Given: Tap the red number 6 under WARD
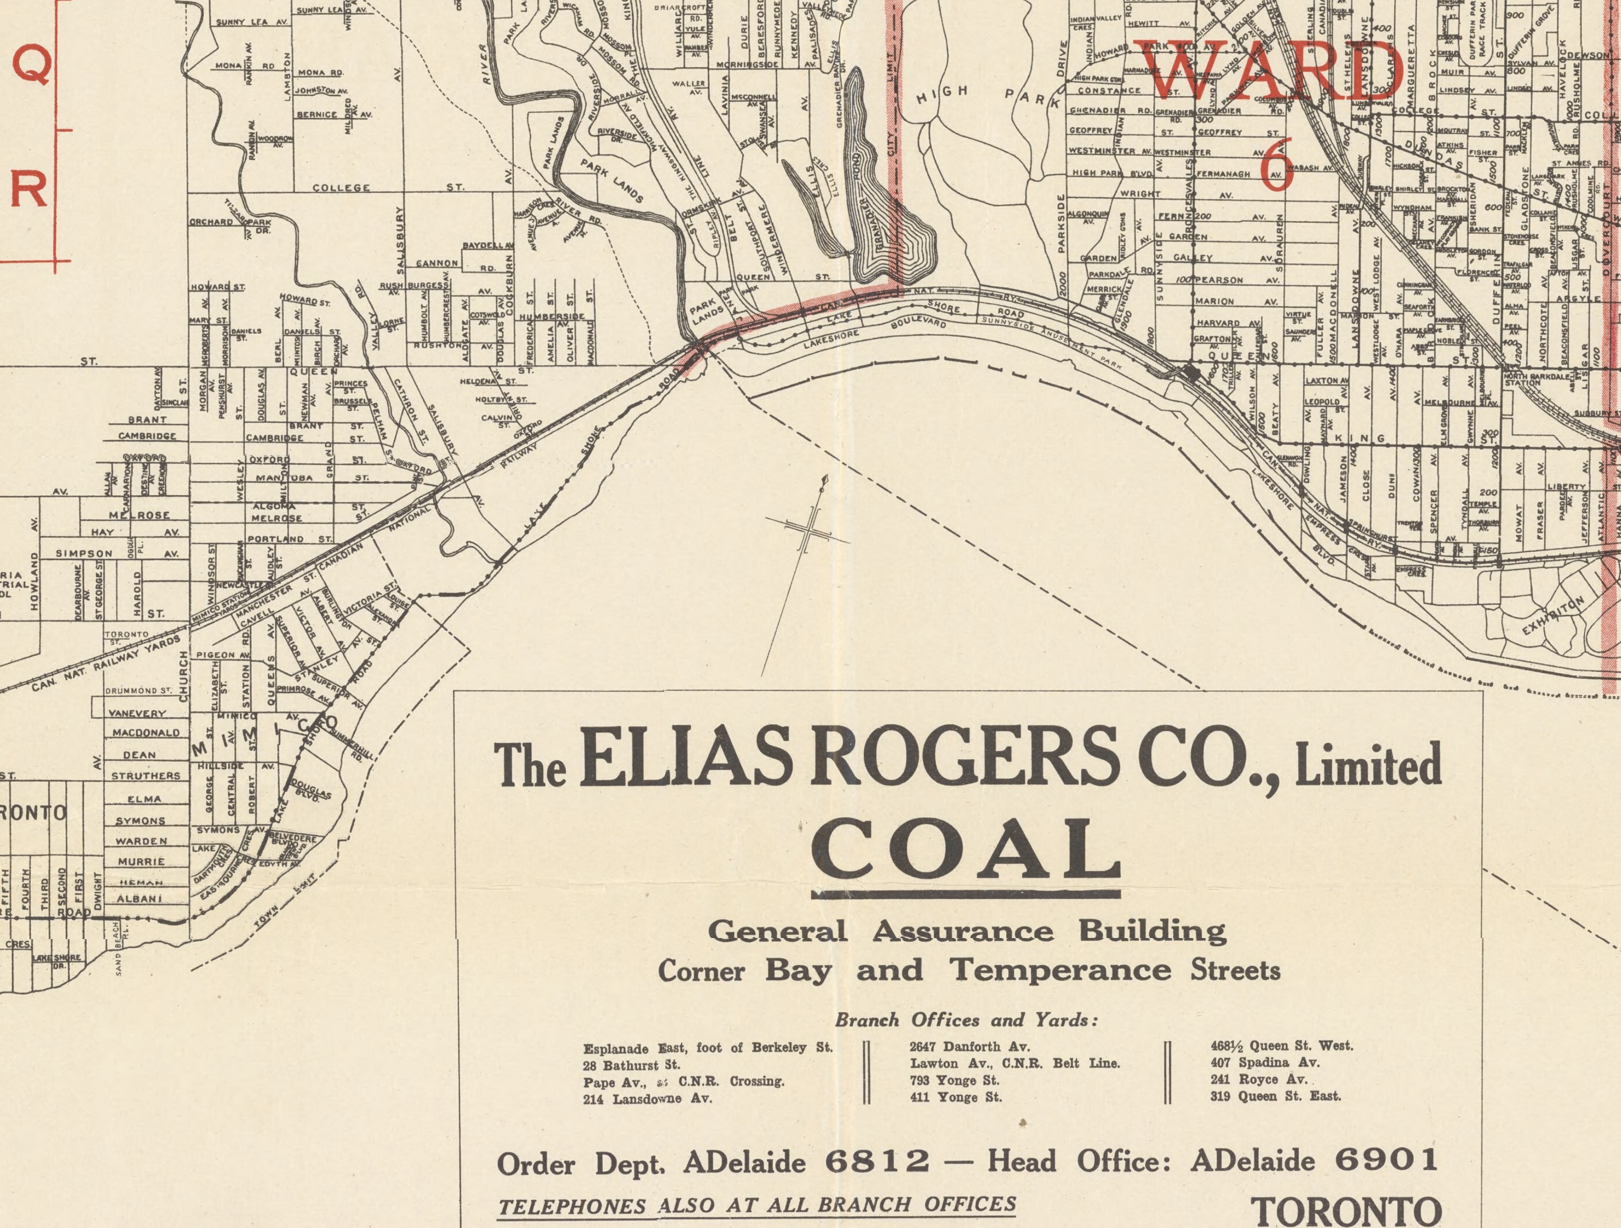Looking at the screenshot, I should tap(1276, 169).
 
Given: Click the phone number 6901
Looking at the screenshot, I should tap(1386, 1159).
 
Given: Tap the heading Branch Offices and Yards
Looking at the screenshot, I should tap(966, 1020).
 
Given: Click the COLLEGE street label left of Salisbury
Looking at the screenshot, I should tap(341, 188).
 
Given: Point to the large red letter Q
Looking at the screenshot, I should tap(33, 67).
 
